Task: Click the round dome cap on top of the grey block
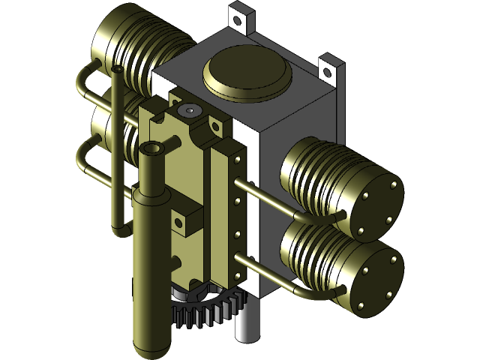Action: coord(247,74)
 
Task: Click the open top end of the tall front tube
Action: coord(152,148)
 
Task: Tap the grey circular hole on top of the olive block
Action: coord(190,110)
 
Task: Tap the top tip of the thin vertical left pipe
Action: coord(117,69)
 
